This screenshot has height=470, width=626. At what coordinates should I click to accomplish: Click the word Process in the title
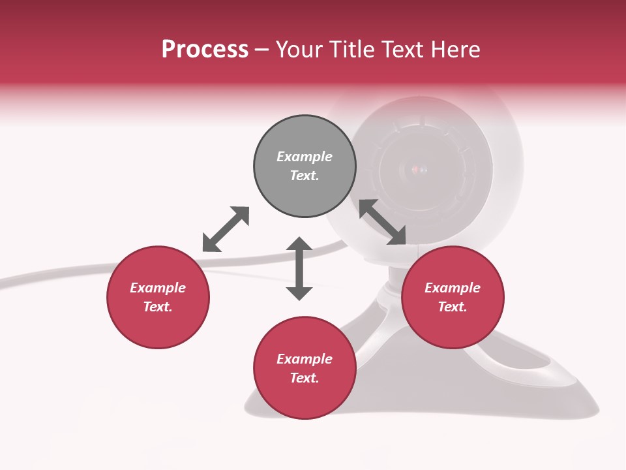click(205, 50)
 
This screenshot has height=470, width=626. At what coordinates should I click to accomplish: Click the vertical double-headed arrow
click(299, 268)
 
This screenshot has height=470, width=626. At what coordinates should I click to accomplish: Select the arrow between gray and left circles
click(226, 228)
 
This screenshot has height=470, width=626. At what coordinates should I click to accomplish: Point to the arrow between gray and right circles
click(383, 222)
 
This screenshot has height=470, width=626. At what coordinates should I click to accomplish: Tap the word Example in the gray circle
click(305, 157)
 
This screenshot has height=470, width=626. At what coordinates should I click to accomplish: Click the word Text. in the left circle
click(158, 307)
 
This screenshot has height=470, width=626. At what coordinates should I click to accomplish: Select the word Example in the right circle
click(453, 288)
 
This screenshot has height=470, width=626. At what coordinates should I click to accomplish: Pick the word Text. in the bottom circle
click(305, 378)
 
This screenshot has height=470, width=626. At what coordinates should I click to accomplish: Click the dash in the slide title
click(261, 50)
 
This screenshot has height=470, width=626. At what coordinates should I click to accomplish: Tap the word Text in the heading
click(398, 50)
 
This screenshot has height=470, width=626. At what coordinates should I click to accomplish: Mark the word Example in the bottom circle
click(305, 359)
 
